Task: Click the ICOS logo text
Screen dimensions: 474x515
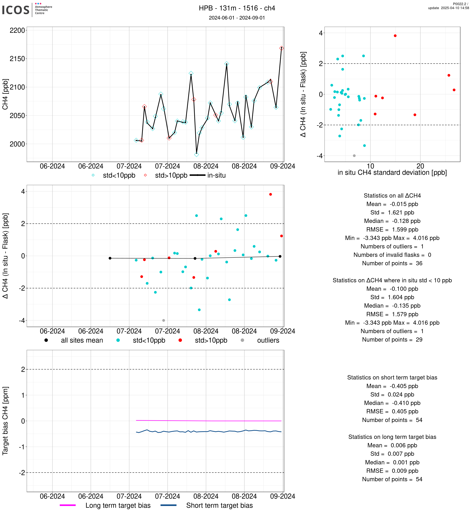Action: (x=16, y=10)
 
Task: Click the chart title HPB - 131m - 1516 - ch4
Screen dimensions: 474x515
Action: (x=237, y=8)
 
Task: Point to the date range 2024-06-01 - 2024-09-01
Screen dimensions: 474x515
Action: (x=237, y=18)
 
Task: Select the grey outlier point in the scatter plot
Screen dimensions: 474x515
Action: (x=354, y=156)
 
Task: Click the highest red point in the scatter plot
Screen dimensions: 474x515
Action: (x=395, y=36)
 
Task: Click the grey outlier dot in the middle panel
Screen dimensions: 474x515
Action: (x=164, y=321)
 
